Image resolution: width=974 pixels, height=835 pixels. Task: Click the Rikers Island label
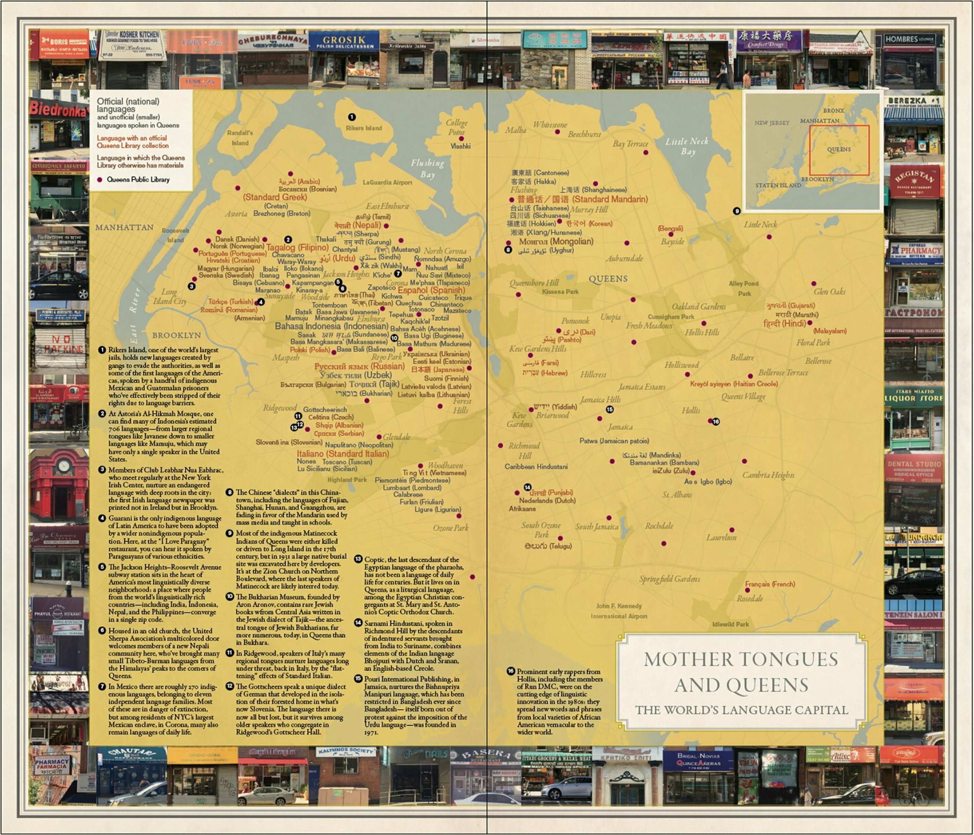tap(364, 128)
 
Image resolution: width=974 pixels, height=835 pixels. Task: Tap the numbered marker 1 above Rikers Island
tap(352, 117)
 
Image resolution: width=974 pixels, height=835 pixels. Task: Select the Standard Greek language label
tap(275, 197)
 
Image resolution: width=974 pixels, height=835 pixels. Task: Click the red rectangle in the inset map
tap(839, 150)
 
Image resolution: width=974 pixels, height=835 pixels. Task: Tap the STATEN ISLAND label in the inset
tap(778, 185)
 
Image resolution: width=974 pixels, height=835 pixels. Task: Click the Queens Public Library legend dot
tap(100, 180)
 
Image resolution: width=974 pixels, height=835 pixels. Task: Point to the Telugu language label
tap(548, 546)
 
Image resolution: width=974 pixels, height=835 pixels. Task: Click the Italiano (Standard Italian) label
tap(343, 454)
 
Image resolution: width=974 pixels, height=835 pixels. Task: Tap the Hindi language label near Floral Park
tap(785, 323)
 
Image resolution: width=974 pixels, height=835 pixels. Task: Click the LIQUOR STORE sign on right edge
tap(913, 398)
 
